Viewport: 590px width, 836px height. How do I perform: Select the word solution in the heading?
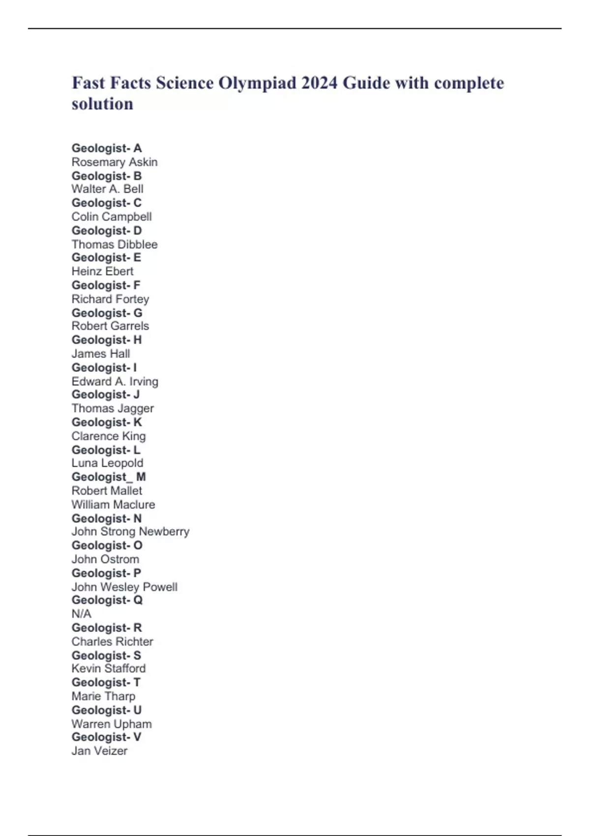102,104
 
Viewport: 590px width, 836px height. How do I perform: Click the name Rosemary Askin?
115,162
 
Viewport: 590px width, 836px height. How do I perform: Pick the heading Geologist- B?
107,176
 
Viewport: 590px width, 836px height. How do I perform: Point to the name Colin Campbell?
112,217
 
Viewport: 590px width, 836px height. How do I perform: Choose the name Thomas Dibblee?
115,244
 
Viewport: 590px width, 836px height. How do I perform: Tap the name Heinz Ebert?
102,271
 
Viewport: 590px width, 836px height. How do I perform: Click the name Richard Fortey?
110,299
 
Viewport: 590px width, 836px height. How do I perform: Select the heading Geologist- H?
107,340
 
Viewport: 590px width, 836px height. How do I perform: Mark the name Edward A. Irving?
115,382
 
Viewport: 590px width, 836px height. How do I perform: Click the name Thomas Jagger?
113,409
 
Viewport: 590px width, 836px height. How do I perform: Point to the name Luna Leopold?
107,463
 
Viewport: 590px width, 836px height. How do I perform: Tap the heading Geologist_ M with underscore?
109,477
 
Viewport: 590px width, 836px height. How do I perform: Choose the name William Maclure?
113,505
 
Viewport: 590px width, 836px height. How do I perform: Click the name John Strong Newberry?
130,532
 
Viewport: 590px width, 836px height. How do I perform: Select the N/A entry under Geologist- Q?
82,614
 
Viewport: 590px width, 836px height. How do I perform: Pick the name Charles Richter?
112,642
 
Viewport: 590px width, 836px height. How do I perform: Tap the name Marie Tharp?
103,696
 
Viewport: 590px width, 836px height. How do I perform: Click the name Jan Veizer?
99,751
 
